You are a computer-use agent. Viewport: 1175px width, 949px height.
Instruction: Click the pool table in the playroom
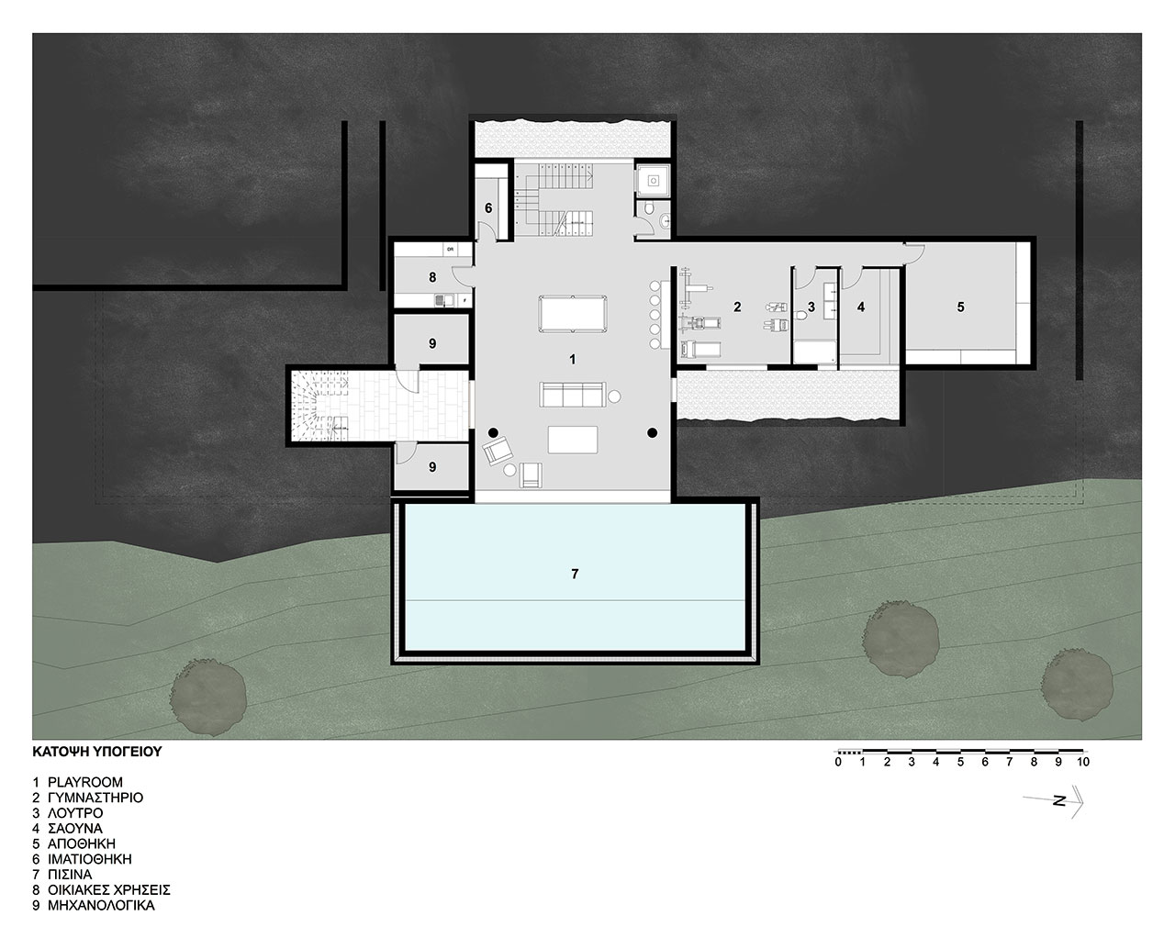click(572, 314)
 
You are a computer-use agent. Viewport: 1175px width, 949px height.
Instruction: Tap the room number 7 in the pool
click(575, 574)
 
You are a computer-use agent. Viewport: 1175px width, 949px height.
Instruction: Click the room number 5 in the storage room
click(960, 307)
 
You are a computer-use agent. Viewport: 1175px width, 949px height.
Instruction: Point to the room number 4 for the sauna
click(861, 307)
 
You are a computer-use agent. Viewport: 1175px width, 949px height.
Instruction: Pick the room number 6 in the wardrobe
click(488, 208)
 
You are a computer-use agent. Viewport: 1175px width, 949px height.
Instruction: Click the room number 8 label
click(432, 277)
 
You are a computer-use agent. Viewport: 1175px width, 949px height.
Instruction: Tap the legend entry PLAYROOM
click(85, 782)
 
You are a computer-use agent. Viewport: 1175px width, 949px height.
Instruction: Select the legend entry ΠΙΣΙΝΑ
click(70, 875)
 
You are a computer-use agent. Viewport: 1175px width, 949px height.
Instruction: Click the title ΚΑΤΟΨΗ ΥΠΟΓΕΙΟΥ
click(97, 752)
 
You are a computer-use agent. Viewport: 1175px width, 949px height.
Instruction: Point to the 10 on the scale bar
click(1083, 763)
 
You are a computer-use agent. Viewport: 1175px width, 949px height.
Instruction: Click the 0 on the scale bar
click(838, 763)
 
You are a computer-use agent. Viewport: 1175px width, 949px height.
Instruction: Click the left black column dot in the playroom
click(493, 433)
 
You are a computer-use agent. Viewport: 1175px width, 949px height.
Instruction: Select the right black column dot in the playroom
click(652, 433)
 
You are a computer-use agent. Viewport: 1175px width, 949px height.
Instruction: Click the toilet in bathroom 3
click(800, 315)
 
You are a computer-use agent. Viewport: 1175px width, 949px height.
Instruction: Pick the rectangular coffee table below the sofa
click(573, 440)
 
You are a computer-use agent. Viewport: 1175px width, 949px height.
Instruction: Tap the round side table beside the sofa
click(614, 396)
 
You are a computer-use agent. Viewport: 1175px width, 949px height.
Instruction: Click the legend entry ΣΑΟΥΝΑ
click(75, 828)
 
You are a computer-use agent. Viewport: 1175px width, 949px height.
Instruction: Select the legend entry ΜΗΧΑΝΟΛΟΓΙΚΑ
click(102, 906)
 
